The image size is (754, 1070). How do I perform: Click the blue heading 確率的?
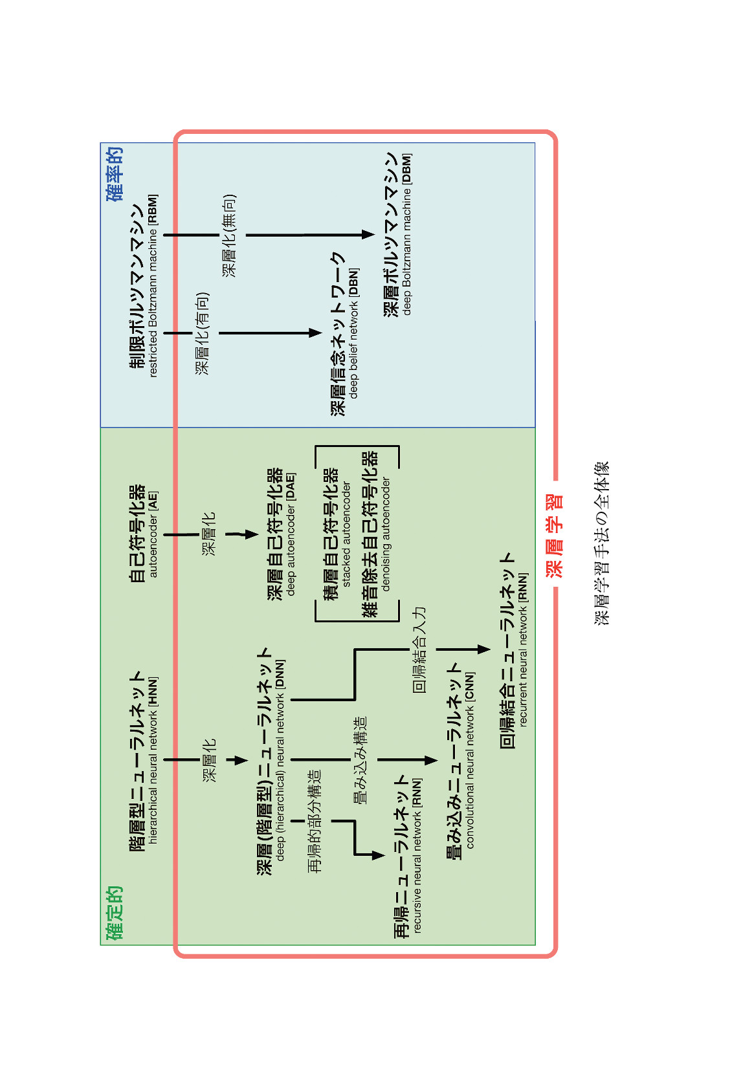pyautogui.click(x=115, y=174)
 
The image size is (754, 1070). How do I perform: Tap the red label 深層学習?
pyautogui.click(x=555, y=536)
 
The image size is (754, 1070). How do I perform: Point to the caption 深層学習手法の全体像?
pyautogui.click(x=601, y=543)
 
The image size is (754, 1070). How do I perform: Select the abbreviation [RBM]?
pyautogui.click(x=153, y=209)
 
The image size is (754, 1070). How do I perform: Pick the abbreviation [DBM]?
pyautogui.click(x=406, y=169)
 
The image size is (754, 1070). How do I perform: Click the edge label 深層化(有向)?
pyautogui.click(x=202, y=333)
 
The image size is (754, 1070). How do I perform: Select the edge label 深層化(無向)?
pyautogui.click(x=229, y=235)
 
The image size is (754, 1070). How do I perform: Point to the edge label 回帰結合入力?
pyautogui.click(x=419, y=650)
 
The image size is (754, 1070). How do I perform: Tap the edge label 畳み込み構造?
pyautogui.click(x=359, y=760)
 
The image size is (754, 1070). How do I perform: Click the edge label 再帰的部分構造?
pyautogui.click(x=314, y=821)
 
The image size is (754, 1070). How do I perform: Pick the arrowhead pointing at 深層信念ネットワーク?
pyautogui.click(x=315, y=333)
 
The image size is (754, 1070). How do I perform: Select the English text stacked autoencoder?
pyautogui.click(x=346, y=534)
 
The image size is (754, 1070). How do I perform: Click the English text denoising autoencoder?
pyautogui.click(x=386, y=534)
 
